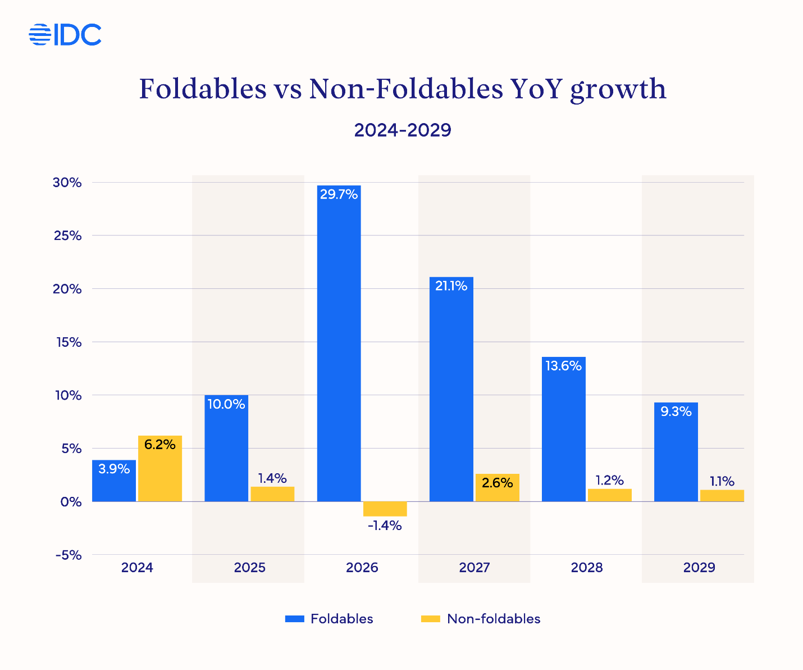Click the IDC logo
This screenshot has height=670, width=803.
coord(65,35)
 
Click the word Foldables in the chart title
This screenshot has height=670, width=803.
coord(203,89)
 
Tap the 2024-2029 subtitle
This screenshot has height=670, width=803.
coord(402,130)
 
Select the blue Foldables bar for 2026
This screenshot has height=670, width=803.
coord(339,348)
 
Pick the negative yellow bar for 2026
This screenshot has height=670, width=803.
coord(385,509)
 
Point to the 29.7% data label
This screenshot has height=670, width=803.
coord(339,194)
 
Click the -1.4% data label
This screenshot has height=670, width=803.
coord(385,526)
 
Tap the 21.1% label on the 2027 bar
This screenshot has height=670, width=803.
coord(451,286)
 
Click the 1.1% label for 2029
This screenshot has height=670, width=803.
coord(722,481)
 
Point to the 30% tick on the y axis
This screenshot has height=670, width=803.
coord(68,183)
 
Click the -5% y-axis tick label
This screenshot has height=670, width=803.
coord(69,555)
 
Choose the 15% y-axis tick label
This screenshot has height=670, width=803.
coord(68,342)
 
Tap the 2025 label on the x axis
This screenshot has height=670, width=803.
coord(249,568)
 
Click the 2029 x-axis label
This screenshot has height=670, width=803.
coord(699,568)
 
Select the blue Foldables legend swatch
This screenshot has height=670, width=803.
coord(294,619)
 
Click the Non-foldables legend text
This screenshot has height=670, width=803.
coord(494,619)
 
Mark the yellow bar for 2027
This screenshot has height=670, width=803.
coord(497,488)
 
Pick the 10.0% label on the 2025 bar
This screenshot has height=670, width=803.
coord(226,404)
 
